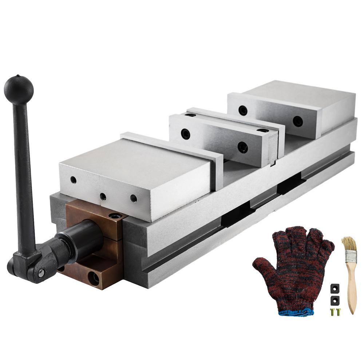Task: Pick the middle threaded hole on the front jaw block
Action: (103, 197)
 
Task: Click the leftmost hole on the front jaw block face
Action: (74, 179)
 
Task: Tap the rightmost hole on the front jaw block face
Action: (134, 198)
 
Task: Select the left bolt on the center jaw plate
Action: (185, 134)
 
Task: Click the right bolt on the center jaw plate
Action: (243, 147)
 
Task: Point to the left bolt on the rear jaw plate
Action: (243, 110)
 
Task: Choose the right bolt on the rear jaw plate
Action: (298, 121)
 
